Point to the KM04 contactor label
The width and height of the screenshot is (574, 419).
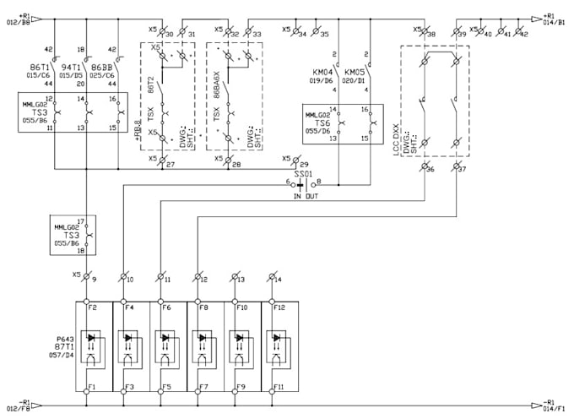point(322,73)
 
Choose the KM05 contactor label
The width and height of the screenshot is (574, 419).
point(354,73)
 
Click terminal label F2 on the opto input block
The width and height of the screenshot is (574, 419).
point(93,307)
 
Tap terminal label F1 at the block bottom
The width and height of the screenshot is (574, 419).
point(93,388)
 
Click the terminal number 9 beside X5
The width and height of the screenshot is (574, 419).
point(95,278)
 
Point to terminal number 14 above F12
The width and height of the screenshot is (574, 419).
point(279,278)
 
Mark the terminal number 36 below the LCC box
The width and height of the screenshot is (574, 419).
point(430,170)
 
